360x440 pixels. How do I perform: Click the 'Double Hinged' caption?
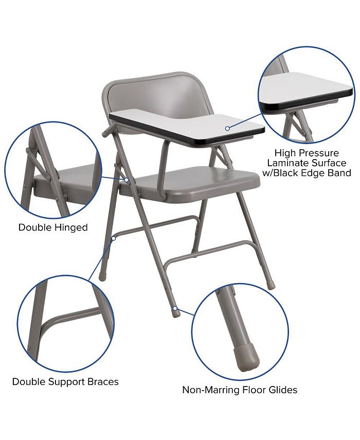[53, 227]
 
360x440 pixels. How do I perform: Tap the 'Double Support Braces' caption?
[65, 382]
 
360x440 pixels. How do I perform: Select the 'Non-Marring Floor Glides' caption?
[240, 390]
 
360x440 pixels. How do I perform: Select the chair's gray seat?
[201, 180]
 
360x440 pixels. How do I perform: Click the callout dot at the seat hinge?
[127, 180]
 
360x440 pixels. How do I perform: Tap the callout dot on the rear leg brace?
[114, 238]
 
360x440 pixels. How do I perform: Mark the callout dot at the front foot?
[175, 309]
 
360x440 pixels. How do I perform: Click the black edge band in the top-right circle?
[307, 105]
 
